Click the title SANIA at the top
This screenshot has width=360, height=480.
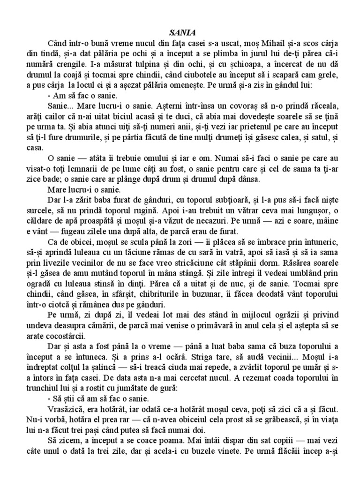pos(180,33)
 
